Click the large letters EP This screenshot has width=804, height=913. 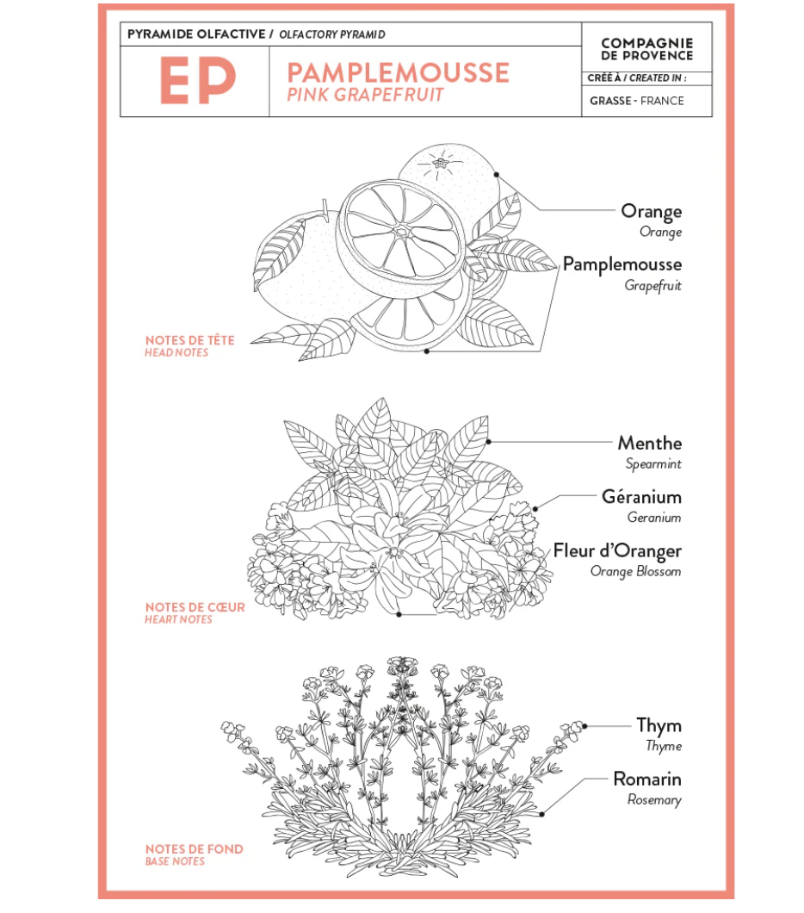click(198, 80)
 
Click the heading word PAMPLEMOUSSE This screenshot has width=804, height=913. click(398, 73)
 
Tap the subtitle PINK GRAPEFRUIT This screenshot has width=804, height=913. click(365, 95)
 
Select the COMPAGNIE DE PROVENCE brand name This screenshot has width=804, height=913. click(647, 49)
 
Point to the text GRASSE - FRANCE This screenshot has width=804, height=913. click(636, 101)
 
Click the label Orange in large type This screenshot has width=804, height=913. click(651, 211)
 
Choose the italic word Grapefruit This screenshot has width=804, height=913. click(652, 285)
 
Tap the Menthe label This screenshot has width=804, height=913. click(650, 443)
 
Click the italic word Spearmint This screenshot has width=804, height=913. click(653, 464)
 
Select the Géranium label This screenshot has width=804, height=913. click(641, 497)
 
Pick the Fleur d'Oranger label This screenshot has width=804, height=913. click(617, 551)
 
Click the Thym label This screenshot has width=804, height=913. click(659, 725)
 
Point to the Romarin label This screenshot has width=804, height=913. click(647, 779)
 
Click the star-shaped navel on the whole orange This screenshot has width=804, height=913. click(441, 163)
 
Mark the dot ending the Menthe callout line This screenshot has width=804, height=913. click(489, 442)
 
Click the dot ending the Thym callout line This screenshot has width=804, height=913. click(584, 726)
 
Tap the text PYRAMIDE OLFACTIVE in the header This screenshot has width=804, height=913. click(196, 34)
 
